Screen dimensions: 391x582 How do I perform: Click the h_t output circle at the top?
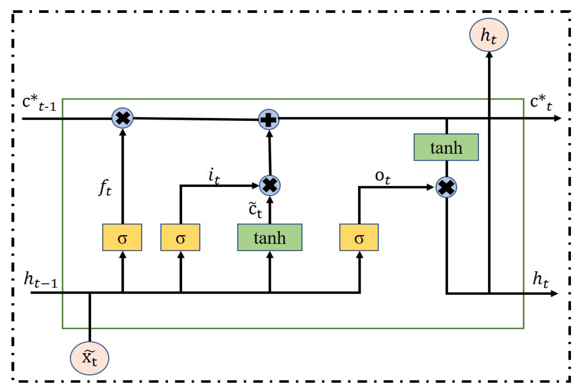(489, 35)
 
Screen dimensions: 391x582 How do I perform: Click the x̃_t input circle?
(90, 358)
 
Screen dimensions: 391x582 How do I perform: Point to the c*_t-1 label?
(39, 103)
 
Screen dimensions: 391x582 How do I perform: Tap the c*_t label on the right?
(541, 103)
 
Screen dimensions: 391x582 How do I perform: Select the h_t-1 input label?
(41, 280)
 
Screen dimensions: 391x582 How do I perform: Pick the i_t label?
(214, 176)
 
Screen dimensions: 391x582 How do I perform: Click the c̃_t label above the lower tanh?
(255, 209)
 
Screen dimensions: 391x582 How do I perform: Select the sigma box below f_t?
(122, 237)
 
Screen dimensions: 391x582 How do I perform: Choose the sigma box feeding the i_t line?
(180, 237)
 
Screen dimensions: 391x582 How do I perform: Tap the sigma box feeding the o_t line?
(359, 237)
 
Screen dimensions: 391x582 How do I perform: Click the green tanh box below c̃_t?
(270, 237)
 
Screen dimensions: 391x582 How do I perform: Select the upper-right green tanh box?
(446, 147)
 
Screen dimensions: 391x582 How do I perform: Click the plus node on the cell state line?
(269, 119)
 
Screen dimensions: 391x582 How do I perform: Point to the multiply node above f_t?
(123, 118)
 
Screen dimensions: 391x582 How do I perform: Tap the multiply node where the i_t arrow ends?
(270, 185)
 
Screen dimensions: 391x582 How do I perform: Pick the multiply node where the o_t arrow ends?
(446, 187)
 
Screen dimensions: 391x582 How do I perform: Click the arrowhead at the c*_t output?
(558, 118)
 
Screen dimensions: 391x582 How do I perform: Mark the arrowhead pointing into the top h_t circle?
(489, 55)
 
